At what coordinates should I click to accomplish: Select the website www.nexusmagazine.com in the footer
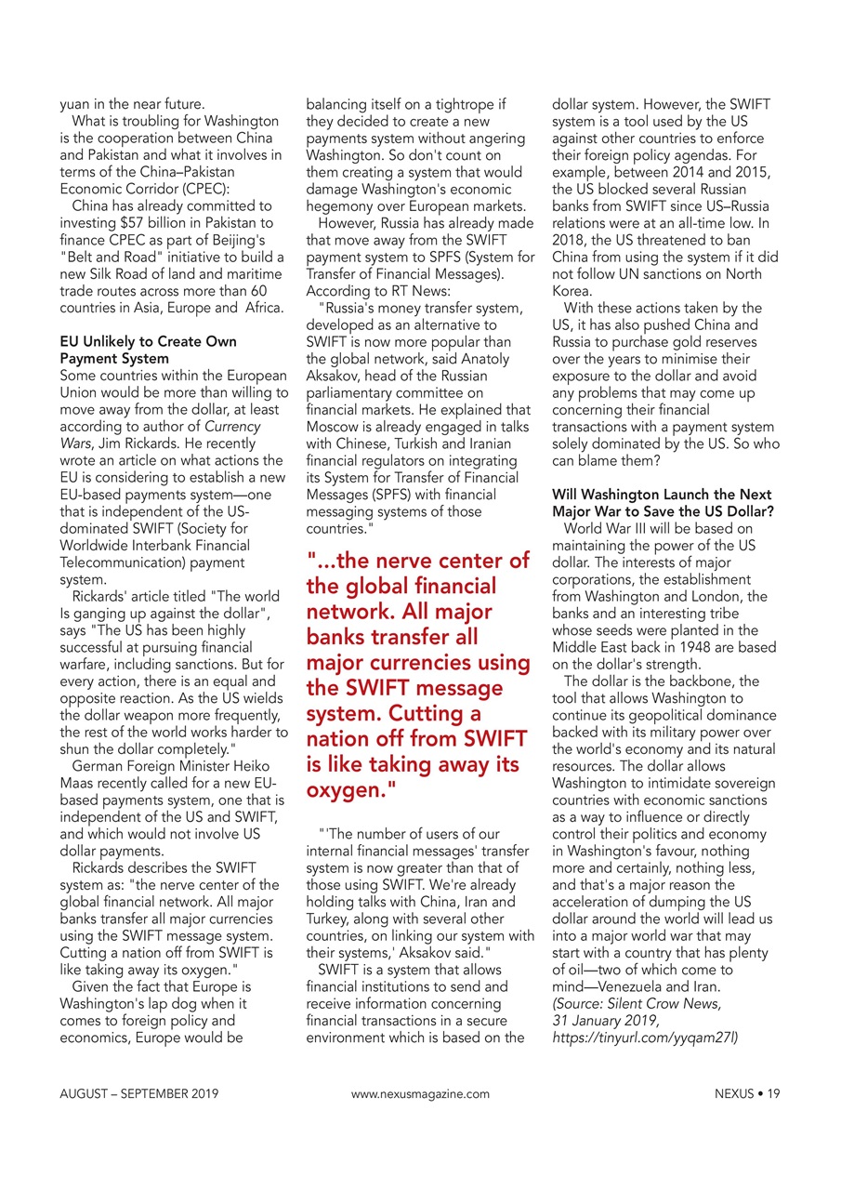(420, 1094)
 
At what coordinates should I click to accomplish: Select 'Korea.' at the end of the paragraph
(572, 290)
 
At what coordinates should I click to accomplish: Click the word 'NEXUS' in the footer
(734, 1094)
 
